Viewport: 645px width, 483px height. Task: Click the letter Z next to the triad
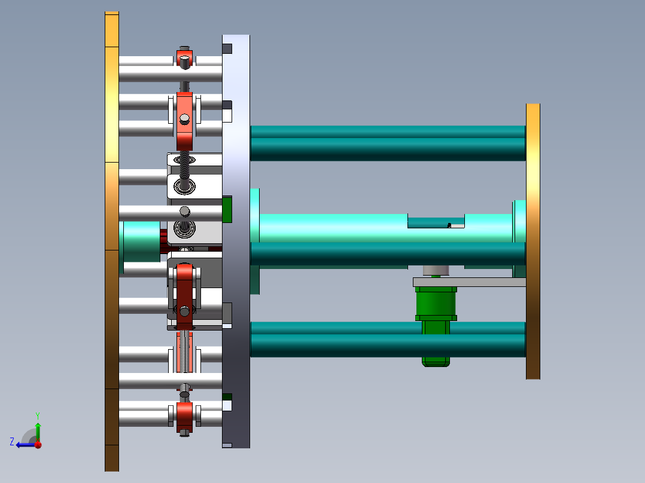12,441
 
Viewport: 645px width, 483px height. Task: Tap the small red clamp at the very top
184,59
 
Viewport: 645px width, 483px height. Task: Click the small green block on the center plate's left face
227,209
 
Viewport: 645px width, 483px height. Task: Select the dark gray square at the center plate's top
227,48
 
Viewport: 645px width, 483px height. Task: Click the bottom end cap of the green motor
436,361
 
